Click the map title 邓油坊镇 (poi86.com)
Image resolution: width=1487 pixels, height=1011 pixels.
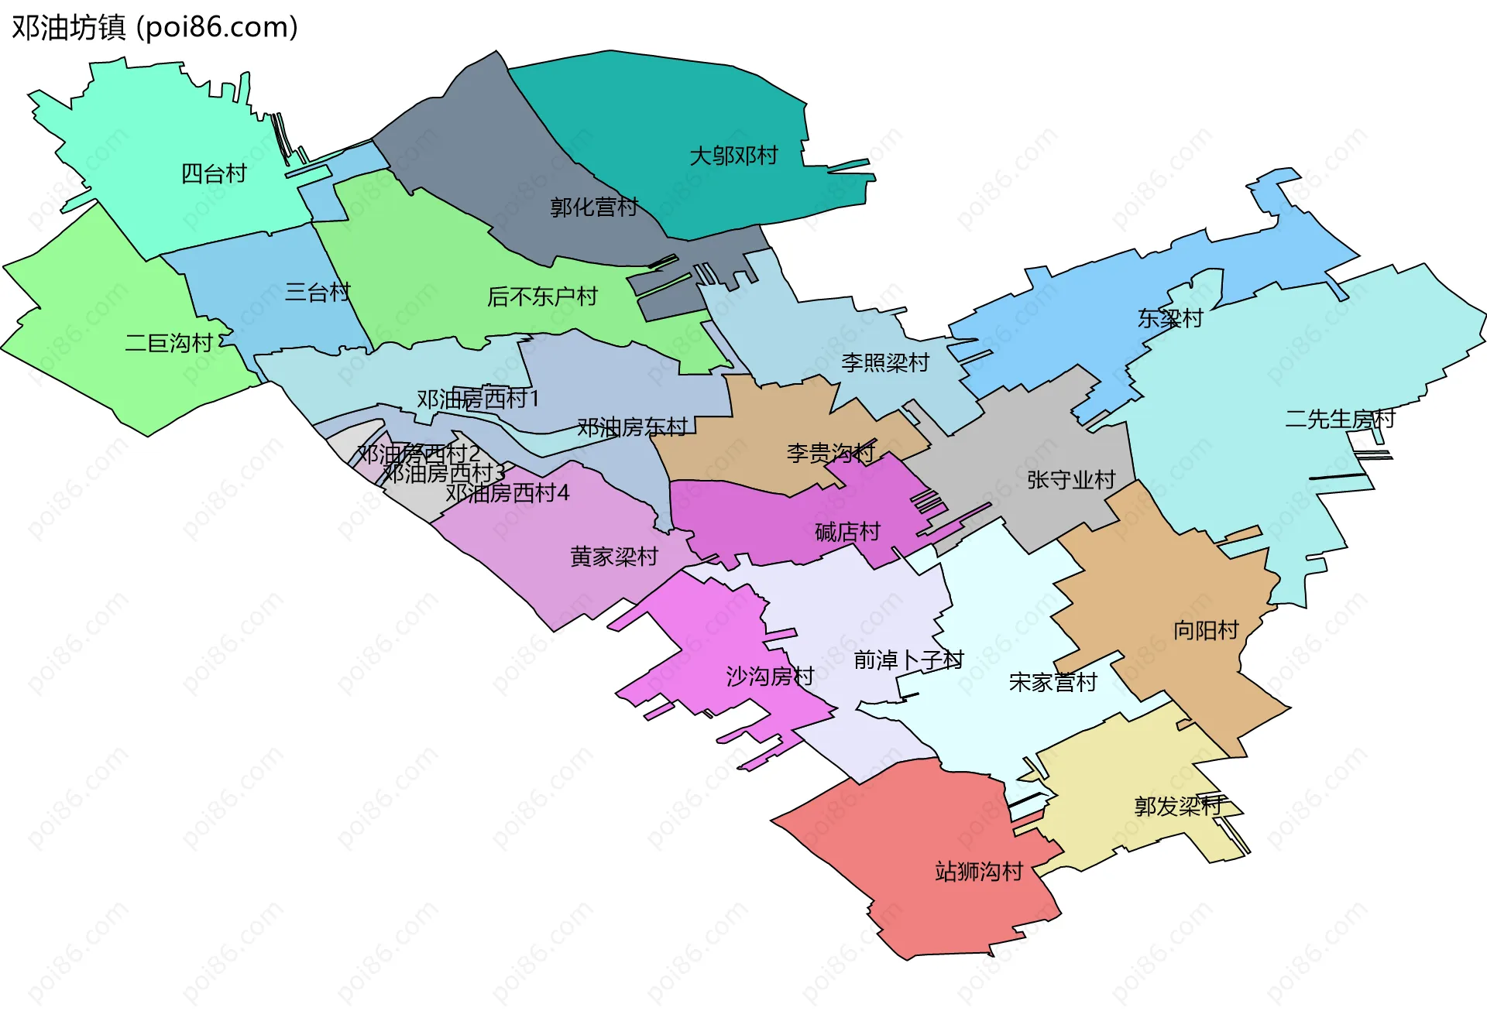coord(155,28)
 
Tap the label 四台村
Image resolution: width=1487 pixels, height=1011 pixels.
coord(214,173)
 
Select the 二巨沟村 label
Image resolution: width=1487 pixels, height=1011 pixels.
coord(169,343)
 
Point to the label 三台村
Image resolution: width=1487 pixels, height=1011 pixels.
coord(318,292)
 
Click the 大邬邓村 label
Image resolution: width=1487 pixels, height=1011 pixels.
coord(733,156)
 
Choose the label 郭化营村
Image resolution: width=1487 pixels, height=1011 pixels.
coord(594,207)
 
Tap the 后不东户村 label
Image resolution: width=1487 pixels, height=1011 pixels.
coord(542,296)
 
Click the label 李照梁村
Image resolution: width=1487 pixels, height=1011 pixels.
coord(885,362)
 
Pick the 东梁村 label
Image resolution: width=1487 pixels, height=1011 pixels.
coord(1170,318)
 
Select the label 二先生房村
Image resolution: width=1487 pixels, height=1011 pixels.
coord(1340,419)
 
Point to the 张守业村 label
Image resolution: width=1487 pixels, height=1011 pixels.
coord(1071,480)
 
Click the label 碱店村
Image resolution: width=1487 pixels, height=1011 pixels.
coord(848,532)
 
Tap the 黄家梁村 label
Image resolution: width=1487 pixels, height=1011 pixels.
coord(614,557)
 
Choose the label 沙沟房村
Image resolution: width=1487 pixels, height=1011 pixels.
coord(770,677)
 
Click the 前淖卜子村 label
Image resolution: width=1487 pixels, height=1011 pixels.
coord(908,660)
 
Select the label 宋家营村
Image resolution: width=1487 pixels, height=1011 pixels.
coord(1053,682)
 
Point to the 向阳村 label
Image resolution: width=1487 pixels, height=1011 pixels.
coord(1206,630)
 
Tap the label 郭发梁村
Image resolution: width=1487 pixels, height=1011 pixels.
coord(1178,806)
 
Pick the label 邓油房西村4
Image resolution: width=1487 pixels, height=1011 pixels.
coord(507,492)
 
